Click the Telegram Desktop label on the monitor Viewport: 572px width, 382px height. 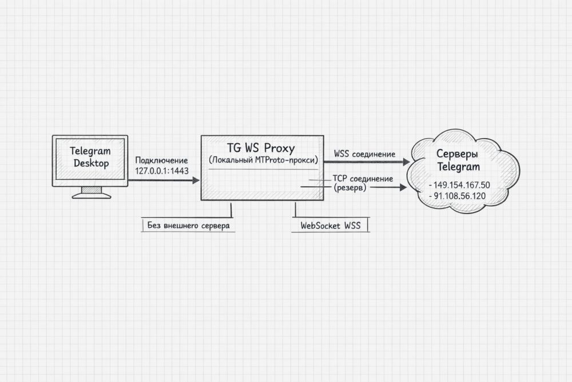tap(90, 157)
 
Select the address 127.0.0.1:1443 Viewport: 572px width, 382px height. tap(161, 171)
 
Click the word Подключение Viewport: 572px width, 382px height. tap(161, 160)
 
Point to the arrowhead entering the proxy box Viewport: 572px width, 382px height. tap(196, 180)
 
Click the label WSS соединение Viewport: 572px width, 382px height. tap(364, 153)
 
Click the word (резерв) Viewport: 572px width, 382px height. tap(349, 187)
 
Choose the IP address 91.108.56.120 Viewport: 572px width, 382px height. tap(459, 196)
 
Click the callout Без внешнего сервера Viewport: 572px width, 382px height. tap(188, 226)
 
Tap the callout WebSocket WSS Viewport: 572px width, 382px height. tap(330, 226)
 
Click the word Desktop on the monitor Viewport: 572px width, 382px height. tap(90, 163)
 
